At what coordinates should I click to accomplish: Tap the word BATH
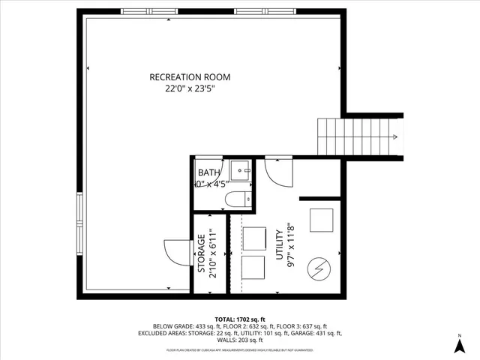pyautogui.click(x=208, y=172)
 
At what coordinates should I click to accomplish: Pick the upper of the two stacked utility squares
pyautogui.click(x=255, y=236)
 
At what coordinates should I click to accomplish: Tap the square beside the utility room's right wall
pyautogui.click(x=322, y=220)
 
